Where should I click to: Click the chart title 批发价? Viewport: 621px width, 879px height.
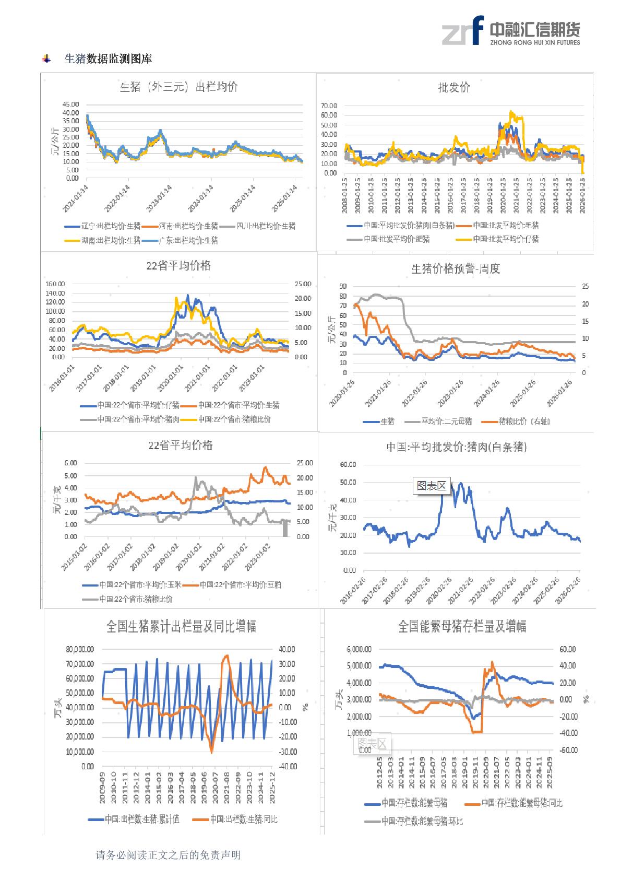pos(454,88)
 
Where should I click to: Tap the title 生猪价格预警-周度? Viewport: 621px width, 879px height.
pos(456,269)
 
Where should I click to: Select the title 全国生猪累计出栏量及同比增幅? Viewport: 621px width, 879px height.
pos(181,626)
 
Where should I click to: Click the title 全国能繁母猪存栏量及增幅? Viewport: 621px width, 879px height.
pos(462,626)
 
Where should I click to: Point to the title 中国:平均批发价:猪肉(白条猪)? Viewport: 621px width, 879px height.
pos(456,447)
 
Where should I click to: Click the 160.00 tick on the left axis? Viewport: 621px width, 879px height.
pos(55,284)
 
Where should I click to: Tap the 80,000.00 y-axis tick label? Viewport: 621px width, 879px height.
pos(79,649)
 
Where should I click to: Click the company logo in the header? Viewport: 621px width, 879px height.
pos(510,31)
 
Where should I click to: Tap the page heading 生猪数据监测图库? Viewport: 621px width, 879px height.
pos(108,59)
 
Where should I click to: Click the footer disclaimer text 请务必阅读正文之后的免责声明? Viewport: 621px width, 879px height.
pos(168,855)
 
